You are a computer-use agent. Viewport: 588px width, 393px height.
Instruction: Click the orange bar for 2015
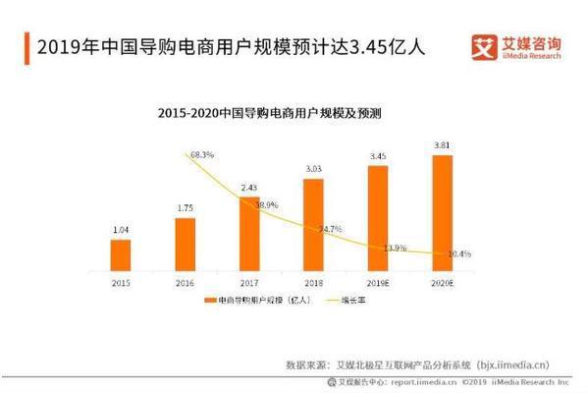click(120, 254)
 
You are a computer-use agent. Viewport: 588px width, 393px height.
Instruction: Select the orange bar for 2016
click(185, 244)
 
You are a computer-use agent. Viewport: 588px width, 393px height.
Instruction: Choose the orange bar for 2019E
click(378, 217)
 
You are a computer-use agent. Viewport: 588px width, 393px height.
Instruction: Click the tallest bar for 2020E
click(443, 212)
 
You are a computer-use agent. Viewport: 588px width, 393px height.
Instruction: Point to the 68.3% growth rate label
click(201, 154)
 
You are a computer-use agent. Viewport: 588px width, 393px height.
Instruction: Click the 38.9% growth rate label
click(267, 205)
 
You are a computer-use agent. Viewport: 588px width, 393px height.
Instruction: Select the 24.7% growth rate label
click(331, 229)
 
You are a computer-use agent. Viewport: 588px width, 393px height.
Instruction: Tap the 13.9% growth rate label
click(395, 247)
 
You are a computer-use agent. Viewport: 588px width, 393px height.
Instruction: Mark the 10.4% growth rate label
click(458, 253)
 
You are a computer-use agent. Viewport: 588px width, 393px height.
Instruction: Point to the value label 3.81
click(443, 146)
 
